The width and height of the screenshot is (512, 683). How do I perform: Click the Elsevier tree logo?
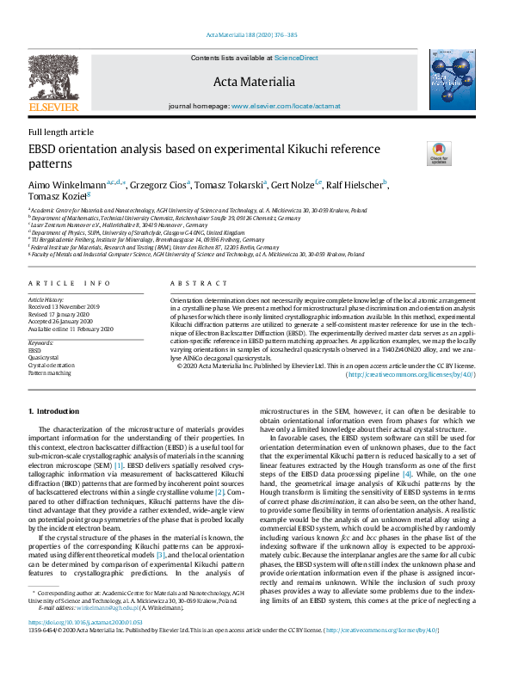pos(53,81)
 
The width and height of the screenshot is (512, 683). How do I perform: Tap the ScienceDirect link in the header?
pos(296,58)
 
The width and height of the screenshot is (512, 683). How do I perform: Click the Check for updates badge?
pos(438,155)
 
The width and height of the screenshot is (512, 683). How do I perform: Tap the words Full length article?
pos(61,132)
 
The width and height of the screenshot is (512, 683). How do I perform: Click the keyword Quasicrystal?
pos(44,358)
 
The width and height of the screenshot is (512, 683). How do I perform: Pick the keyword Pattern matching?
pos(49,373)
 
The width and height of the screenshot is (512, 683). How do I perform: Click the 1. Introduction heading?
pos(54,412)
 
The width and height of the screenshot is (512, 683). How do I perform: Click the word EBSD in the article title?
pos(45,150)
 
